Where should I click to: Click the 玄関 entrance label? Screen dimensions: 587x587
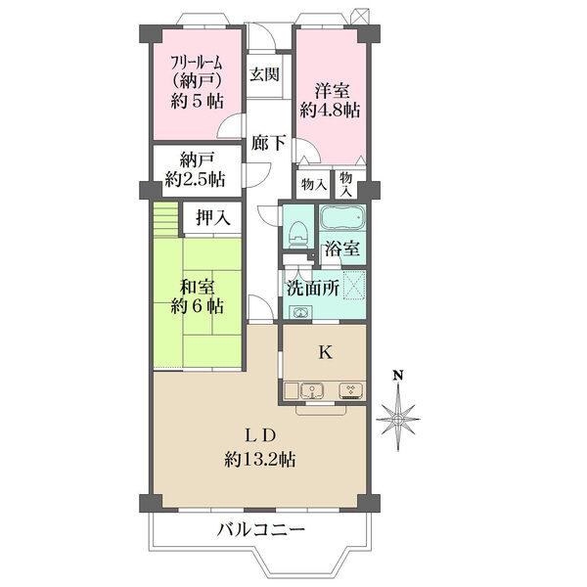pos(265,73)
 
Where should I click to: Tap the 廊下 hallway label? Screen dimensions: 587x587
pos(268,142)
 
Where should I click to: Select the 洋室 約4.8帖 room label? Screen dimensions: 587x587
pos(331,101)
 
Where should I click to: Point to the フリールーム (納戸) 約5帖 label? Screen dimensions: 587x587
pos(197,82)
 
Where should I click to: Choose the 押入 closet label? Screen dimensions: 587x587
pos(213,217)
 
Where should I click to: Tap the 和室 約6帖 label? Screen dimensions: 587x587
pos(198,296)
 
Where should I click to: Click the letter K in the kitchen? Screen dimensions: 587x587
pos(325,352)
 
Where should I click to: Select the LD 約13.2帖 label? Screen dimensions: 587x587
pos(260,447)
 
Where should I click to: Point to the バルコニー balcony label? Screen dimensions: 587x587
pos(261,529)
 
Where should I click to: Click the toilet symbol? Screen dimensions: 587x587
pos(298,234)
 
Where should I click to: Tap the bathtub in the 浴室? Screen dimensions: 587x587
pos(342,217)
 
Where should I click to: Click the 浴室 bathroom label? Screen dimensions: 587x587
pos(342,248)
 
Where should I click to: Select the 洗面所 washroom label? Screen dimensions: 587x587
pos(313,289)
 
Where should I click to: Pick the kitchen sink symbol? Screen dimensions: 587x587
pos(312,390)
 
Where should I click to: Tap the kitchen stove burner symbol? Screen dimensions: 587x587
pos(351,390)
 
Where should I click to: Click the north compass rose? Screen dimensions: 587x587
pos(398,419)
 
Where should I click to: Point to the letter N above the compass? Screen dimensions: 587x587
pos(397,375)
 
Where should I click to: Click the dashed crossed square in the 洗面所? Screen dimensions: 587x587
pos(354,285)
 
